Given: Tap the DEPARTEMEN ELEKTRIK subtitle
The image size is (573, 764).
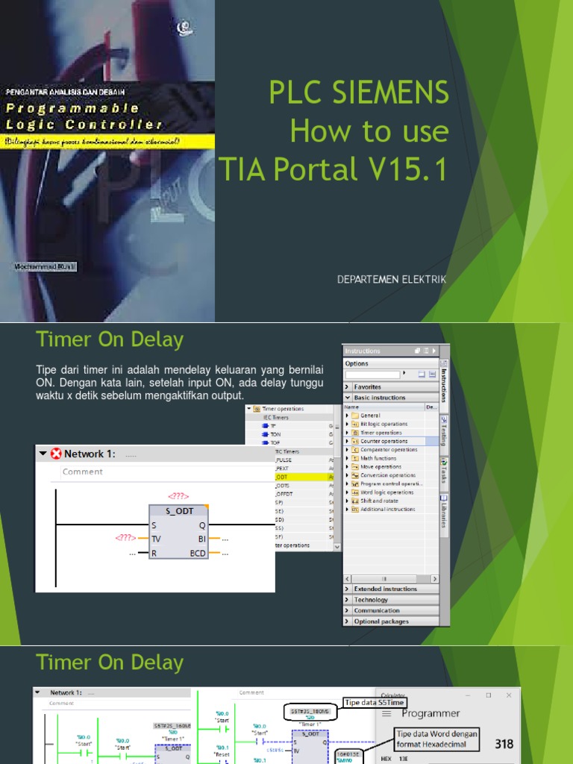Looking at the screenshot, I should [x=391, y=279].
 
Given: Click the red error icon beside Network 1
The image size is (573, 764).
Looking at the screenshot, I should [x=56, y=454].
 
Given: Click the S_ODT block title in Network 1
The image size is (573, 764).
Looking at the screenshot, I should [x=178, y=512].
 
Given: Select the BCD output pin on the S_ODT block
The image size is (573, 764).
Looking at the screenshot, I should [x=198, y=554].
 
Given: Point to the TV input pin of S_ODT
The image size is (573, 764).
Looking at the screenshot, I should [x=156, y=539].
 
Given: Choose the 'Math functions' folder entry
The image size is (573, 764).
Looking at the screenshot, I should [x=378, y=458].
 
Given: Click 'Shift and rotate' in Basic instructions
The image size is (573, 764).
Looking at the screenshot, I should [x=381, y=501].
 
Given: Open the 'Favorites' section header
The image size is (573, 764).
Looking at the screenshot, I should [x=367, y=387].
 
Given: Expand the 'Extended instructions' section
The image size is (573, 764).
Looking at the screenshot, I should [x=385, y=589].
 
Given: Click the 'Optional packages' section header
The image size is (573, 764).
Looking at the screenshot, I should [x=381, y=621].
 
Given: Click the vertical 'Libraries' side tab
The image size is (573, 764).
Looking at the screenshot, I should [x=444, y=511].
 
